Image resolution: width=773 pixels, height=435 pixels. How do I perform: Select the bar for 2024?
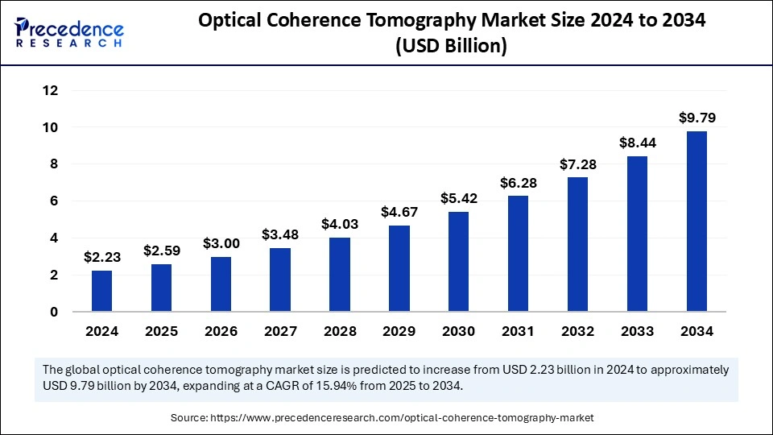[102, 291]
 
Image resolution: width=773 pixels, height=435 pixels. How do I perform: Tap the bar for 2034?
[697, 222]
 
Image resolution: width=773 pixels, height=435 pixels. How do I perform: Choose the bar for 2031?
[519, 254]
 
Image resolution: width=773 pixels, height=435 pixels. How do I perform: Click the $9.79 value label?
[697, 118]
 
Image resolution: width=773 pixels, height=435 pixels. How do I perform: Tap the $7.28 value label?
[578, 164]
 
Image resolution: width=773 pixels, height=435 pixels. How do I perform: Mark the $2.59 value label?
[162, 251]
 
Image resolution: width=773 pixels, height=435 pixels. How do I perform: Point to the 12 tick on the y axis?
[50, 90]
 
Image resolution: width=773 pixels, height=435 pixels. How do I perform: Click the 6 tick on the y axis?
[54, 201]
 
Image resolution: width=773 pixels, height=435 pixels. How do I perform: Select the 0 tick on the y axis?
[54, 312]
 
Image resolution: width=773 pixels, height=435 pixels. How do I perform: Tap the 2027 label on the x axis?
[281, 331]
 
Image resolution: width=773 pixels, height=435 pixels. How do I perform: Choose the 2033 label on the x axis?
[637, 331]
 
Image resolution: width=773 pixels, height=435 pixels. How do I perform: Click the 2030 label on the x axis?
[459, 331]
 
